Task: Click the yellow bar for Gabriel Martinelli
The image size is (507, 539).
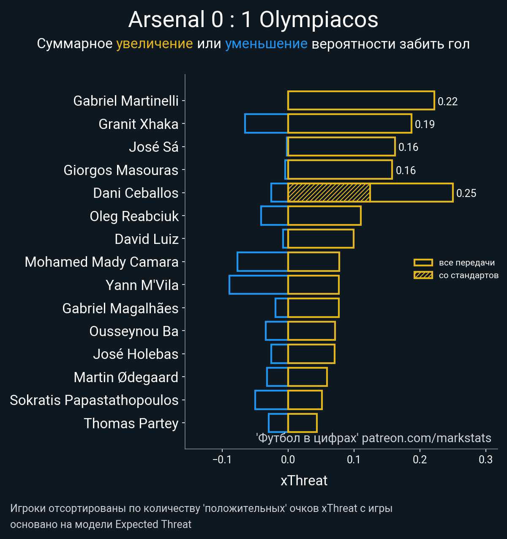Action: (x=361, y=101)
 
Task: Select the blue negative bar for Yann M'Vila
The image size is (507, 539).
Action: (x=258, y=285)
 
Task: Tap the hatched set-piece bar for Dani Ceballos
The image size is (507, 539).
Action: (x=329, y=193)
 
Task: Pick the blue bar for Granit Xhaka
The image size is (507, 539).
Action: (x=266, y=123)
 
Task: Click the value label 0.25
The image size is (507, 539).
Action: (x=466, y=193)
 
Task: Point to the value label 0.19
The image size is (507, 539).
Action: (x=425, y=124)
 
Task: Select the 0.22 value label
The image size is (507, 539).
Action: (x=447, y=101)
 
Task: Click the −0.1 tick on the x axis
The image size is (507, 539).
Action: (x=222, y=460)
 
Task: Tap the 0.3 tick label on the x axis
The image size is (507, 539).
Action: (x=486, y=460)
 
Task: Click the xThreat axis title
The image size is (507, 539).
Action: (x=304, y=481)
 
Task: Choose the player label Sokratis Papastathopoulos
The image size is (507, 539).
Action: (x=94, y=400)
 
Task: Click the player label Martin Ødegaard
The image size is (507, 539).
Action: (x=126, y=377)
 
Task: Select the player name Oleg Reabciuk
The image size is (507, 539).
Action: (x=134, y=216)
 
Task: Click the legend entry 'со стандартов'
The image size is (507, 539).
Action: (x=469, y=276)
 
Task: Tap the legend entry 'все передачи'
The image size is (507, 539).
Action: (x=466, y=263)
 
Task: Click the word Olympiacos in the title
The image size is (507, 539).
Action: (x=319, y=20)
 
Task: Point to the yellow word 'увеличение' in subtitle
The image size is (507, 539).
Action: (x=154, y=44)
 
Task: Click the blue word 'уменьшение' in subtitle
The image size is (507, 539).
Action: (x=266, y=44)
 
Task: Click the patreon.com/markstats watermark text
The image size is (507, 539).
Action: (x=426, y=438)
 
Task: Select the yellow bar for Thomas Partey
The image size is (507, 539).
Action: (x=302, y=423)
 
